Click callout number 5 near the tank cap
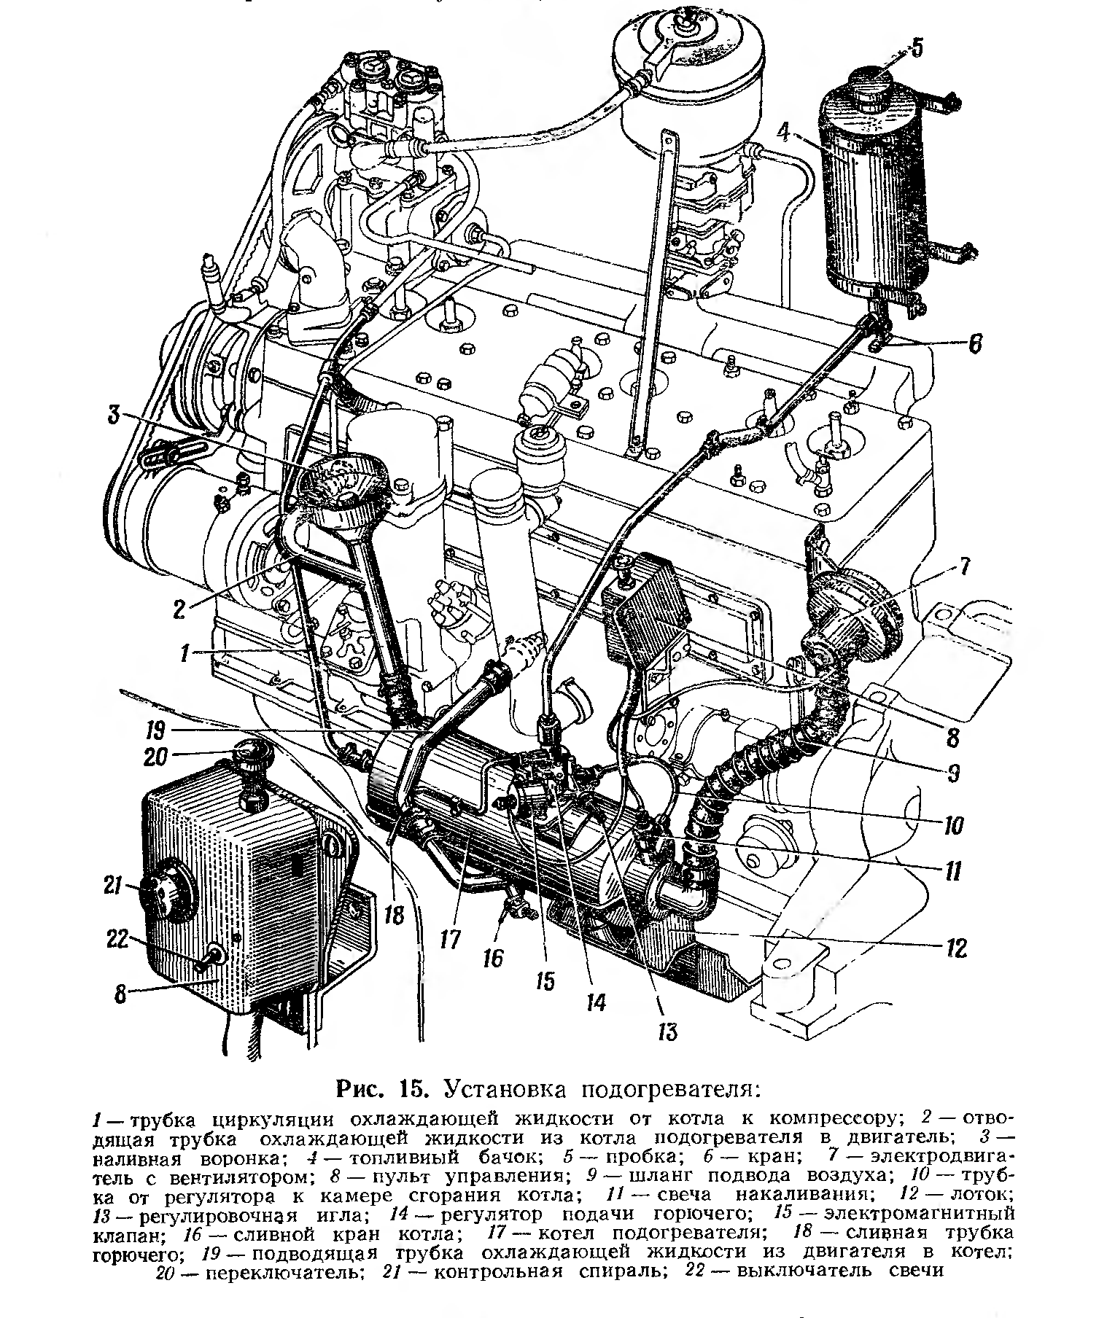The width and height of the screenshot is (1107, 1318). (916, 49)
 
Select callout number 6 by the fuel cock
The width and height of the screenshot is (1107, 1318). (975, 343)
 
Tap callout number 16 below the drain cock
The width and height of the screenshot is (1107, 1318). (494, 956)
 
